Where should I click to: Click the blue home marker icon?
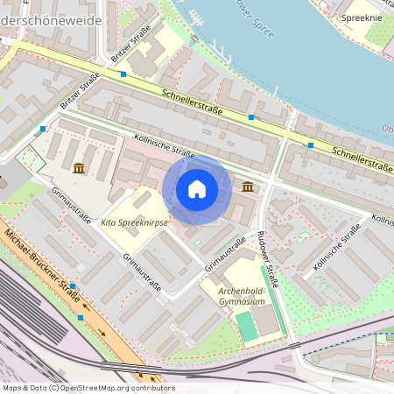point(197,189)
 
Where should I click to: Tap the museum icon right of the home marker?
point(249,186)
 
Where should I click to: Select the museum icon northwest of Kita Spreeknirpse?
point(80,167)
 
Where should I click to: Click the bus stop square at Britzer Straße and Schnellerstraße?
point(123,75)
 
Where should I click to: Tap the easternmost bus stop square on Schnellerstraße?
point(311,145)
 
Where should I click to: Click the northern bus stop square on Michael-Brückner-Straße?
point(73,286)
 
